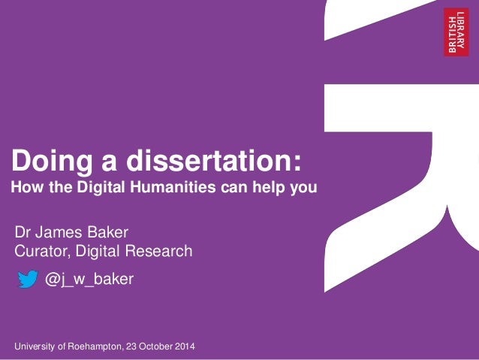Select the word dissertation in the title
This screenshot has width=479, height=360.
tap(217, 161)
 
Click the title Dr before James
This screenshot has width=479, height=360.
tap(24, 231)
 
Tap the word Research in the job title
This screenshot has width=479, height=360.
tap(160, 251)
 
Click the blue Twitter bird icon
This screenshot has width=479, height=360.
tap(28, 280)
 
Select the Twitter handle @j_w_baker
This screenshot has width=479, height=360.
tap(89, 280)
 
